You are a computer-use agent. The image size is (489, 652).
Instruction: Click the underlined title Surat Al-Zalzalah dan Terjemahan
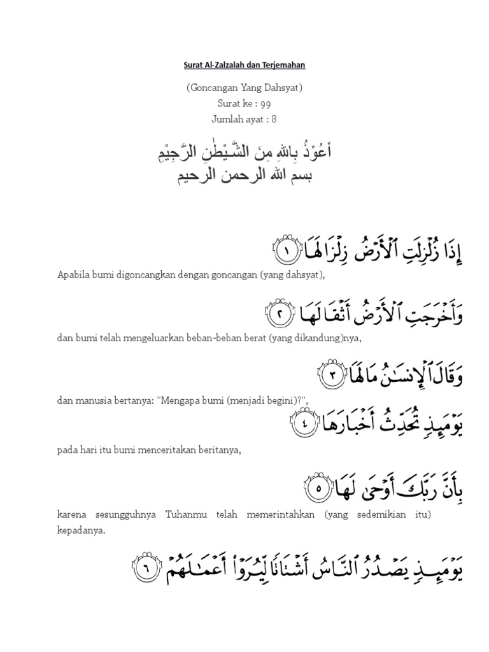click(x=244, y=65)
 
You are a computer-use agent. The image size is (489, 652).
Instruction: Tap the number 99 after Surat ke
click(x=265, y=103)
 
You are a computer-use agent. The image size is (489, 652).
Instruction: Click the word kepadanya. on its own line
click(x=80, y=529)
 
